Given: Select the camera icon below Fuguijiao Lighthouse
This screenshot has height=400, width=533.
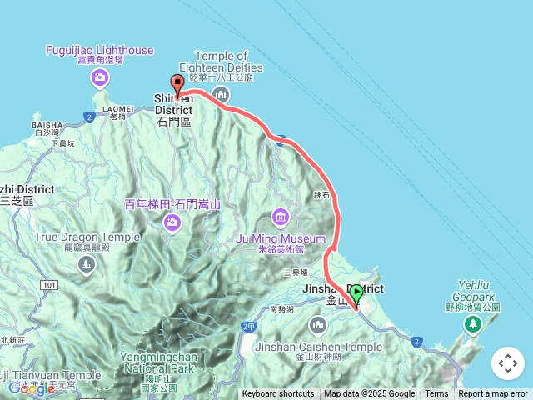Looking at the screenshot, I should coord(100,78).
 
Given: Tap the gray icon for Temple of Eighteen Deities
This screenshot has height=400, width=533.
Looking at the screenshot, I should coord(220,93).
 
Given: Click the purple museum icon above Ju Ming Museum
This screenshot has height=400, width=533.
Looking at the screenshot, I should coord(280,219).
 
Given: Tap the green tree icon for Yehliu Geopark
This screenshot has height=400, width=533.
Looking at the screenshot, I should coord(473,322).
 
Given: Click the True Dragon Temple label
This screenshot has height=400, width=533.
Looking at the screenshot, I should coord(87,237).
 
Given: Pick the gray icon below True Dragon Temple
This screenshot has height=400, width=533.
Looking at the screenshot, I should coord(86,265).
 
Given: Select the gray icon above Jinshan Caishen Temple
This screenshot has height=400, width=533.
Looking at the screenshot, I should coord(317,323).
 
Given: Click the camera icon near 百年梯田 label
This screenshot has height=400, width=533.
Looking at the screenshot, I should coord(172,222).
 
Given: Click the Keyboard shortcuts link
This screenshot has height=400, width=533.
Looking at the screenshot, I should coord(278,394).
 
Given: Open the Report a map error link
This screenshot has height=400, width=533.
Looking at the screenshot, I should coord(493,394).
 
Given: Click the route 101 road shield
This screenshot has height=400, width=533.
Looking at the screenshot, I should coord(49,285).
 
